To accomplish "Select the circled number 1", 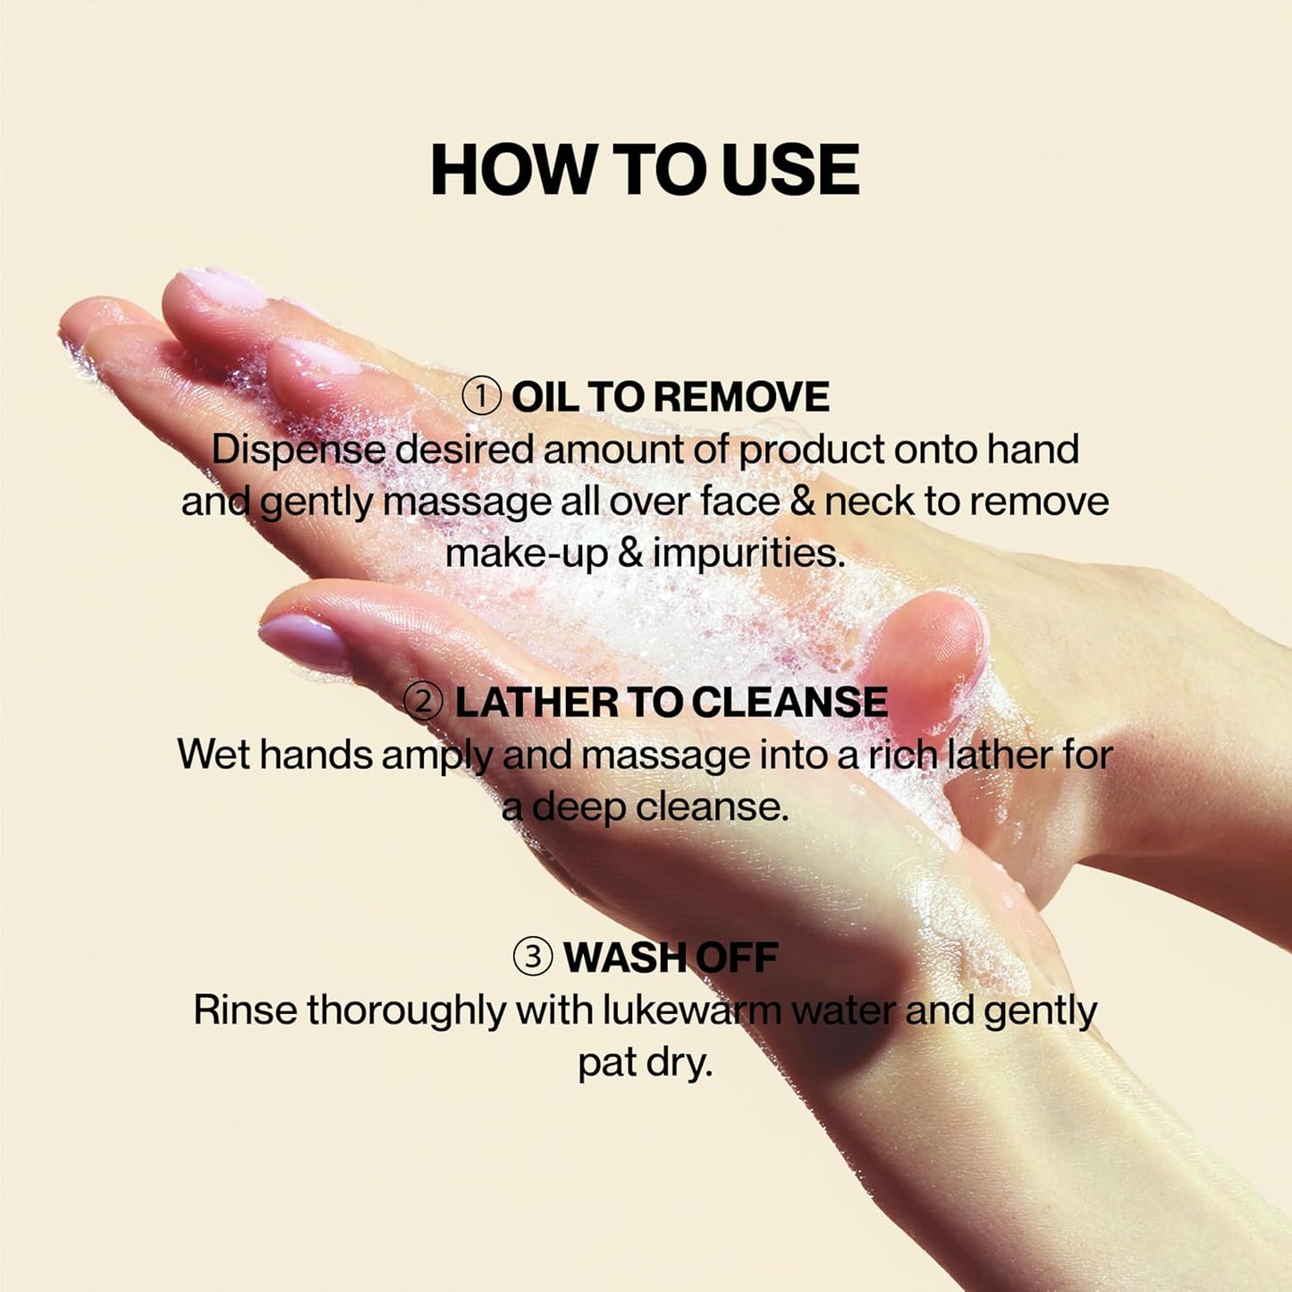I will point(482,397).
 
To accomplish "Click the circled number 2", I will point(424,703).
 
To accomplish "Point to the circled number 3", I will point(533,958).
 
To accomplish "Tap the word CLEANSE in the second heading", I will point(790,703).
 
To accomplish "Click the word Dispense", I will point(298,450).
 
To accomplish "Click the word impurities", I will point(749,553).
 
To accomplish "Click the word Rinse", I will point(245,1011).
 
